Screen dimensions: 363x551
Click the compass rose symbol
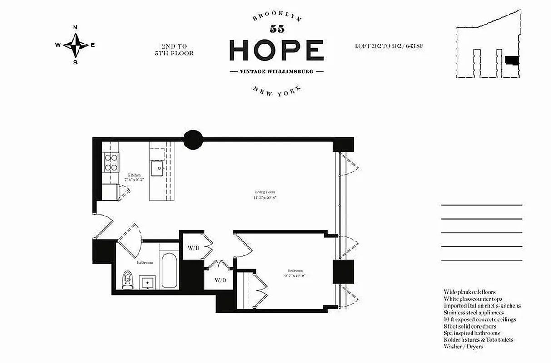point(75,44)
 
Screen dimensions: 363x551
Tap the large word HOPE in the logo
point(276,50)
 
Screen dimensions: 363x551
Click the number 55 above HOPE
point(277,29)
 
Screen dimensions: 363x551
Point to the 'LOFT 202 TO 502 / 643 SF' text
point(389,46)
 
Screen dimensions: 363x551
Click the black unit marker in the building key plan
point(512,60)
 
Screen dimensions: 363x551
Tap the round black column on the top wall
point(193,139)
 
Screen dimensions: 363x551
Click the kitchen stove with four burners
point(111,162)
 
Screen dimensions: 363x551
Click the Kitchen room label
point(134,175)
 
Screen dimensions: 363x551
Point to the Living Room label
point(265,192)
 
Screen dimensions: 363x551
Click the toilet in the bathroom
point(128,280)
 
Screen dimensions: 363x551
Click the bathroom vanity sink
point(148,282)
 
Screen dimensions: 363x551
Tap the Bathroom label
point(145,262)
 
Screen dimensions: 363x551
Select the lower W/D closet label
point(220,280)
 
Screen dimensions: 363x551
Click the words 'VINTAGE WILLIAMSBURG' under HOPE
point(276,72)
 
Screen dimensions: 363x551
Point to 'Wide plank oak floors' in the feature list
point(469,292)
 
